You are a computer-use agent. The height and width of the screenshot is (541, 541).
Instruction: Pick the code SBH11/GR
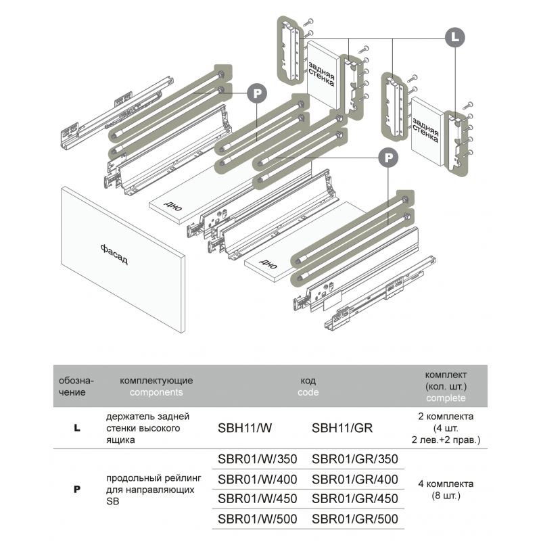click(342, 427)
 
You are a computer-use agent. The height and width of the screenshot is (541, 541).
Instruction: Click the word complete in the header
click(446, 398)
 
